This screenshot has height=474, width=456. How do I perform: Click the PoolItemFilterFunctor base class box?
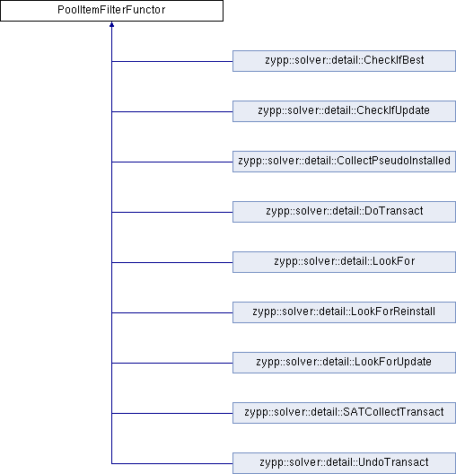(x=111, y=11)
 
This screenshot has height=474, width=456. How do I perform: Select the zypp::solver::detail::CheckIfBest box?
(x=344, y=61)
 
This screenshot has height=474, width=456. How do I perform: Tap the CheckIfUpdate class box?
(x=344, y=111)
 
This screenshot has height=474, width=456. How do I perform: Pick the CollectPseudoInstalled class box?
(x=344, y=162)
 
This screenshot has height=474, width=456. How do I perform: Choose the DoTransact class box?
(x=344, y=212)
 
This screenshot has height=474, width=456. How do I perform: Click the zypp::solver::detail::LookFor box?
(x=344, y=262)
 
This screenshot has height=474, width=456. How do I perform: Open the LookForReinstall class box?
(x=344, y=312)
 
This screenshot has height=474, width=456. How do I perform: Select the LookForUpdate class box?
(x=344, y=363)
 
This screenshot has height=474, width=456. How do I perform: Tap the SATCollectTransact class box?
(x=344, y=413)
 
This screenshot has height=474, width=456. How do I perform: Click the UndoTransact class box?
(x=344, y=463)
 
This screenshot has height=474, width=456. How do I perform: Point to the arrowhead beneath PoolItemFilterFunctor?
(x=111, y=24)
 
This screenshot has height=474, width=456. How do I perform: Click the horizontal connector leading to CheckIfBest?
(x=172, y=61)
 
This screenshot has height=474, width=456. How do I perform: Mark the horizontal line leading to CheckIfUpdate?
(x=172, y=111)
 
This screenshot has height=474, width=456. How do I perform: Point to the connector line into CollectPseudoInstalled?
(x=172, y=162)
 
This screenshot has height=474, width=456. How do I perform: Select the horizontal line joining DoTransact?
(x=172, y=212)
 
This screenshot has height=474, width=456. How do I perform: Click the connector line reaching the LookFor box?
(x=172, y=262)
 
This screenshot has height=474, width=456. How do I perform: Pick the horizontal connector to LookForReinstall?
(x=172, y=312)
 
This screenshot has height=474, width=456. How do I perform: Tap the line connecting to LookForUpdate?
(x=172, y=363)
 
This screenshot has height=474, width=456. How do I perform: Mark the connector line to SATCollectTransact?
(x=172, y=413)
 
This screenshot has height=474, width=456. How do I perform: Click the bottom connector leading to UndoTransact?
(x=172, y=463)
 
